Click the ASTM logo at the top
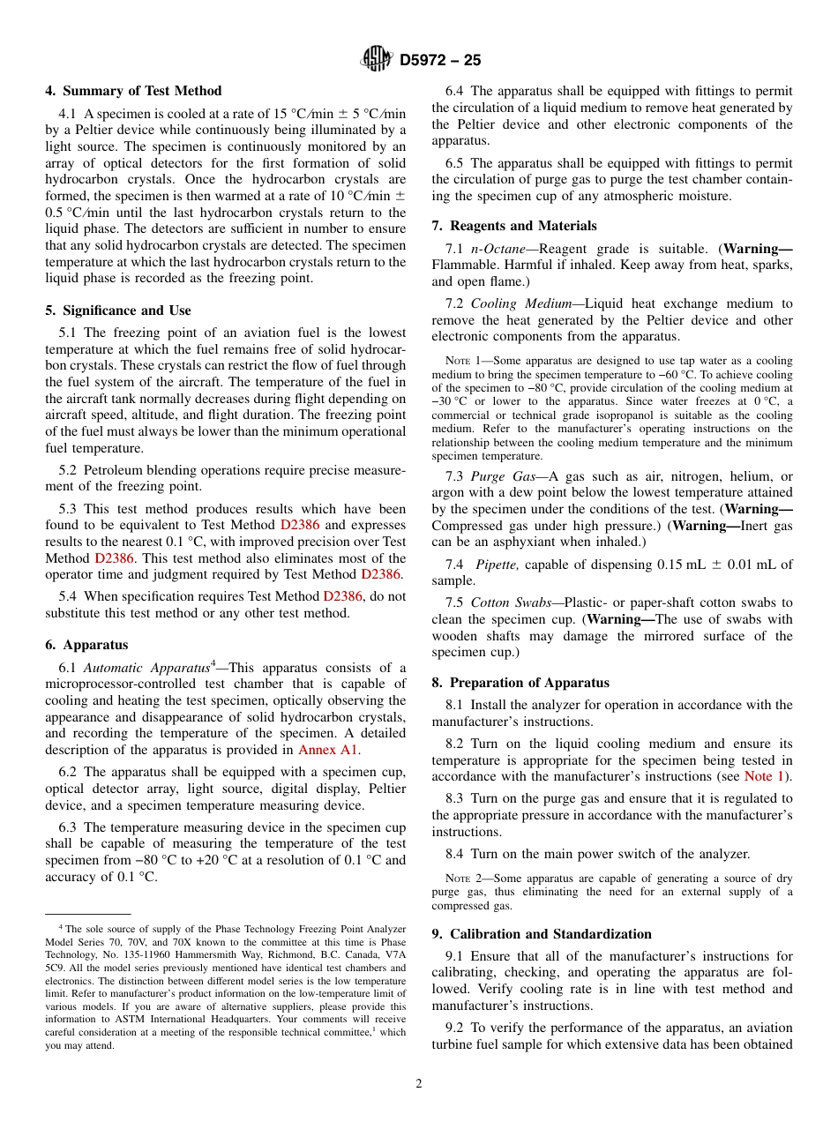point(377,60)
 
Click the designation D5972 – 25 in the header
point(440,61)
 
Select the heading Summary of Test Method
point(133,91)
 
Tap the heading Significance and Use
point(118,310)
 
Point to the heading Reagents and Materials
point(514,226)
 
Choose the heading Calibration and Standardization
point(542,934)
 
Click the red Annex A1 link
point(328,750)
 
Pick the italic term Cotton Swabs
point(508,602)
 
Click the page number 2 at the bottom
point(419,1084)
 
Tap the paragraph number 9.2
point(455,1028)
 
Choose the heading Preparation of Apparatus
point(520,683)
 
